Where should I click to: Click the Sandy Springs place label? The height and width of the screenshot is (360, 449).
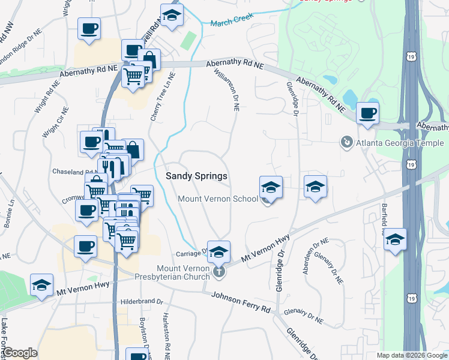coord(196,176)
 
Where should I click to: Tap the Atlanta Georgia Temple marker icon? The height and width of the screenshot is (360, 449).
coord(346,142)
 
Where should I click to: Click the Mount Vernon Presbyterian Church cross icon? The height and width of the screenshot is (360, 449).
coord(219,273)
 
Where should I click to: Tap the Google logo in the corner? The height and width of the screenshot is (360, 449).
coord(20,353)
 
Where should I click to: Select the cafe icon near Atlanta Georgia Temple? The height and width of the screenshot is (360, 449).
coord(367,112)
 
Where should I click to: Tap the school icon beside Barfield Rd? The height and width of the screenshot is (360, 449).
coord(395,239)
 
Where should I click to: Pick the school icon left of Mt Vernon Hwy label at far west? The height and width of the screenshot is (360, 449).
coord(42,284)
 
